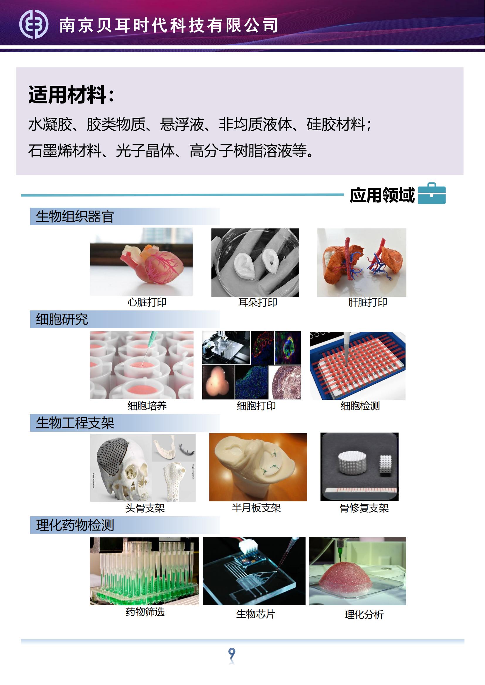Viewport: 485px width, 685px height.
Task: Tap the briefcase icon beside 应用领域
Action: pyautogui.click(x=432, y=193)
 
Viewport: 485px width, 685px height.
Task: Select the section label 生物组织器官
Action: pyautogui.click(x=75, y=216)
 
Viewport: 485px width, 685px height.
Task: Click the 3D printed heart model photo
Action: pyautogui.click(x=141, y=262)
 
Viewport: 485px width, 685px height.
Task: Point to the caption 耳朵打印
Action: pyautogui.click(x=258, y=303)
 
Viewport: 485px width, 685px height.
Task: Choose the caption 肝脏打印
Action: pyautogui.click(x=368, y=302)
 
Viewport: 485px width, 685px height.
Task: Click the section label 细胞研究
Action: pyautogui.click(x=62, y=319)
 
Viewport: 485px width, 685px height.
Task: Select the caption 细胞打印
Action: pyautogui.click(x=256, y=406)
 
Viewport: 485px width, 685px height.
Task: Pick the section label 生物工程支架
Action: pyautogui.click(x=75, y=423)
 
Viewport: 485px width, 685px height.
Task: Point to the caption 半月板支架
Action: pyautogui.click(x=256, y=508)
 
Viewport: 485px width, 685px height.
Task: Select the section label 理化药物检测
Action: pyautogui.click(x=75, y=525)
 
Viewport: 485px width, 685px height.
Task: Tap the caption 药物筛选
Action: pyautogui.click(x=145, y=611)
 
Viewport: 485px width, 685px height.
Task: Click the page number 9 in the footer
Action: pyautogui.click(x=232, y=654)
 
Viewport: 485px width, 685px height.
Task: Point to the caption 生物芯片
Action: pyautogui.click(x=256, y=614)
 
